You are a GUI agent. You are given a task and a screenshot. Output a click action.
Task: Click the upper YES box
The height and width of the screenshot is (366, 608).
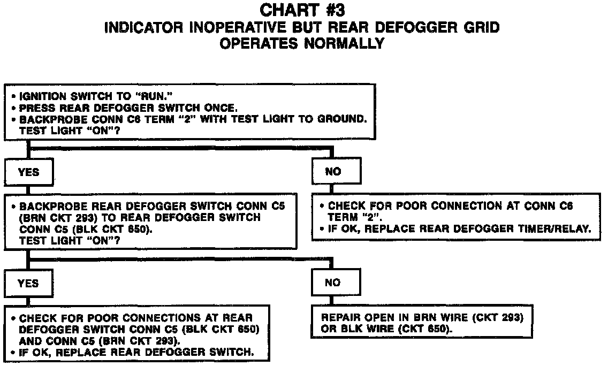pos(28,172)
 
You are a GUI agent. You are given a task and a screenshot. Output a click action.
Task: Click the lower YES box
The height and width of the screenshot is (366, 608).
pos(28,283)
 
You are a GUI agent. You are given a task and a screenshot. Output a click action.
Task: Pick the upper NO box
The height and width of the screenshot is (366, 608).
pos(333,172)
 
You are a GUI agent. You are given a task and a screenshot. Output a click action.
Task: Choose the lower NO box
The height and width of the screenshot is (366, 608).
pos(332,283)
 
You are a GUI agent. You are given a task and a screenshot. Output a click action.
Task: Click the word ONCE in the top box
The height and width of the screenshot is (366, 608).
pos(223,108)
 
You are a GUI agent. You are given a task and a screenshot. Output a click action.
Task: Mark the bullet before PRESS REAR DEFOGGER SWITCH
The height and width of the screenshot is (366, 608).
pos(13,108)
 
